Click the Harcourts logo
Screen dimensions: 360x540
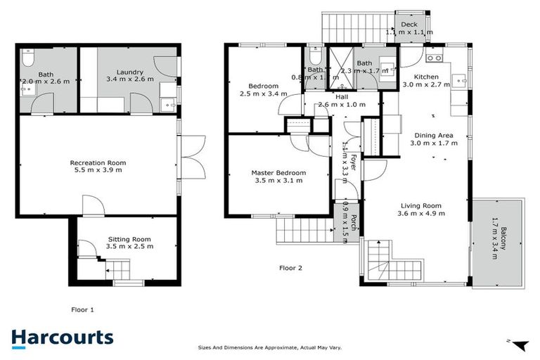pos(62,337)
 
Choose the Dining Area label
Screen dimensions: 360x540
pos(434,136)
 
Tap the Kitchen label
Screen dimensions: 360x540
pos(427,77)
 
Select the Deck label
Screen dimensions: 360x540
pos(409,25)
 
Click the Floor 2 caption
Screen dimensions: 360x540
pos(290,268)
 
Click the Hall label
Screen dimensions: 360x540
pos(342,97)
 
